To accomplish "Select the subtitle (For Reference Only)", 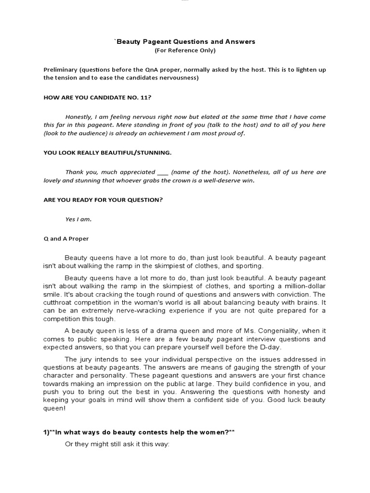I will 185,50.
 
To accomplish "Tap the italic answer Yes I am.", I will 78,220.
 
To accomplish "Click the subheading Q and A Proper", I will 66,239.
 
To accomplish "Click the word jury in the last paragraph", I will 90,359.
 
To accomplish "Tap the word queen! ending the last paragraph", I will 53,408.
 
